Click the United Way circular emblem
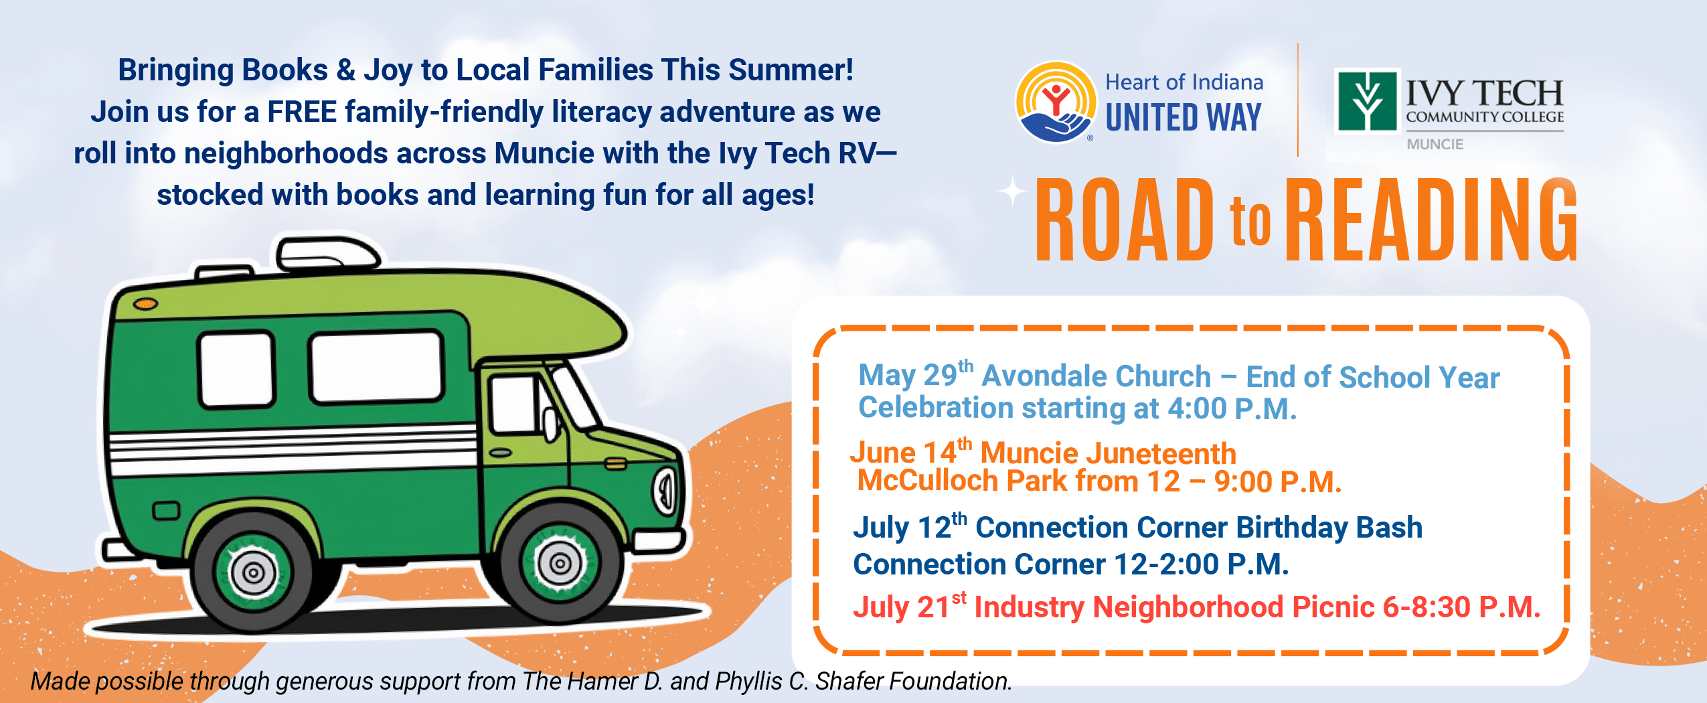1056,102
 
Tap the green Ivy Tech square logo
1367,101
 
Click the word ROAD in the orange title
1125,220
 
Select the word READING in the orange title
1431,220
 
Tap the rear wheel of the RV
254,572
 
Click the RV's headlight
667,491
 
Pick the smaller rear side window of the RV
236,370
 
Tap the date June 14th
911,452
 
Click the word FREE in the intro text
302,112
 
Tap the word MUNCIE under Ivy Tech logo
1435,144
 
